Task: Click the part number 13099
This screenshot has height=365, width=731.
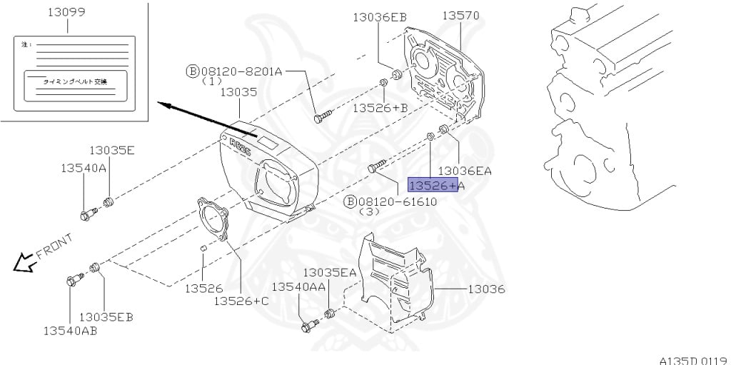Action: coord(67,12)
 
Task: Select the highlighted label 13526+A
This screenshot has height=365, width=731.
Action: coord(436,186)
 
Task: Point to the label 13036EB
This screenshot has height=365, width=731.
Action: coord(380,17)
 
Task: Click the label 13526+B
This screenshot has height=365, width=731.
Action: coord(380,107)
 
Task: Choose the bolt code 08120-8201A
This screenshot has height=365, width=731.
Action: coord(241,71)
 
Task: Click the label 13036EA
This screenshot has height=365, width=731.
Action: coord(465,171)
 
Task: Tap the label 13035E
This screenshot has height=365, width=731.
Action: coord(112,150)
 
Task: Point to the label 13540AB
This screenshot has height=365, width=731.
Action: coord(70,331)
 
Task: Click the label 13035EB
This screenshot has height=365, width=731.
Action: coord(106,316)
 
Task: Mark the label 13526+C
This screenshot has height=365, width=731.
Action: coord(241,301)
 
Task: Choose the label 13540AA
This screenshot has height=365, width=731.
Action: coord(298,286)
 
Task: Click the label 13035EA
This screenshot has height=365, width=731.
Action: coord(329,272)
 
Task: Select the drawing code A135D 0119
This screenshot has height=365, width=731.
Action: coord(692,359)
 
